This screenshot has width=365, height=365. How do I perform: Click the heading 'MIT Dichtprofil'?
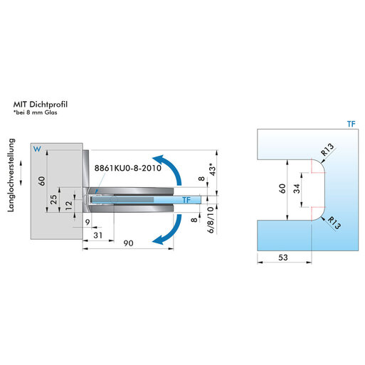pyautogui.click(x=41, y=105)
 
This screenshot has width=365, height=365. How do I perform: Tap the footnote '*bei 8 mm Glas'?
pyautogui.click(x=35, y=112)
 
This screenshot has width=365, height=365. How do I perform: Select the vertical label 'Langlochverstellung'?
pyautogui.click(x=11, y=175)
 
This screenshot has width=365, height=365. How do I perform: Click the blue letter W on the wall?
pyautogui.click(x=37, y=149)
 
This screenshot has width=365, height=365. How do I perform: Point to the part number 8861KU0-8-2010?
pyautogui.click(x=128, y=168)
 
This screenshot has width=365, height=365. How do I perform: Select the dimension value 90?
pyautogui.click(x=128, y=243)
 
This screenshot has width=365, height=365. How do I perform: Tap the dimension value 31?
pyautogui.click(x=97, y=236)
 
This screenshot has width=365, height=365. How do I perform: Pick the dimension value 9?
pyautogui.click(x=88, y=222)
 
